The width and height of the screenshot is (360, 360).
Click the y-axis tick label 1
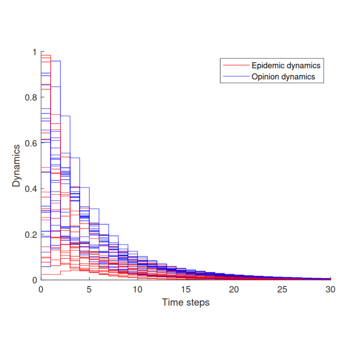point(34,52)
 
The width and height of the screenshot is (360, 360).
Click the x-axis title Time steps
point(185,303)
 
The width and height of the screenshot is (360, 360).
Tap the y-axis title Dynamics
point(16,165)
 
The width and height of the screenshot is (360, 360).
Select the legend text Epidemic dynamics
point(286,65)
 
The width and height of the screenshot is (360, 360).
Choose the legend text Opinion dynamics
point(283,77)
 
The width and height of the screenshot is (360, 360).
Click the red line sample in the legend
point(236,65)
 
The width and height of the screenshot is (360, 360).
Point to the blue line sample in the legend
point(236,77)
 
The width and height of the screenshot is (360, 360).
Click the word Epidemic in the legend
point(268,65)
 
